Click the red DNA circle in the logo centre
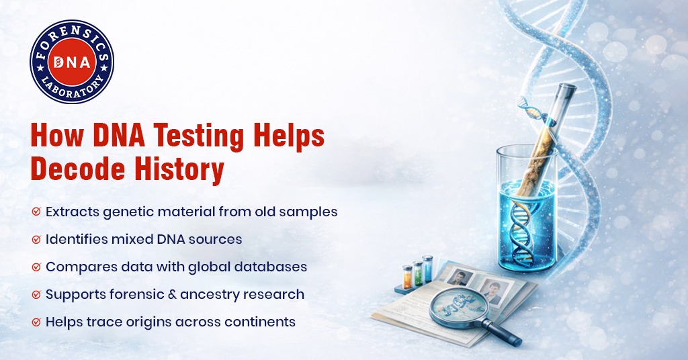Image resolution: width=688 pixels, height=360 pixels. pyautogui.click(x=72, y=62)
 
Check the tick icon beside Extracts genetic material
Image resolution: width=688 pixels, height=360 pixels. pyautogui.click(x=36, y=212)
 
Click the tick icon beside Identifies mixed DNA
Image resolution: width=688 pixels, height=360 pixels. pyautogui.click(x=36, y=240)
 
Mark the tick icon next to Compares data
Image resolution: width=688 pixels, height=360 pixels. pyautogui.click(x=36, y=267)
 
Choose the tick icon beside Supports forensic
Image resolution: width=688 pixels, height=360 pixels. pyautogui.click(x=36, y=295)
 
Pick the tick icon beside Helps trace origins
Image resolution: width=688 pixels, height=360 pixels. pyautogui.click(x=36, y=322)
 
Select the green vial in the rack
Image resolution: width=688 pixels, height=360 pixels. pyautogui.click(x=417, y=272)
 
